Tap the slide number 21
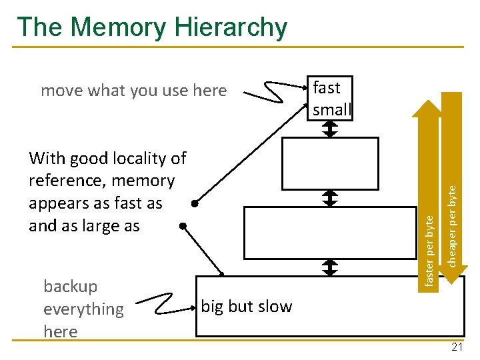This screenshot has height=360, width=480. click(457, 347)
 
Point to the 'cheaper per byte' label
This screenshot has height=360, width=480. click(452, 227)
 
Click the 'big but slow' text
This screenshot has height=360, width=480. click(247, 307)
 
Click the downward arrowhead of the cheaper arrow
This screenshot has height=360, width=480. click(452, 277)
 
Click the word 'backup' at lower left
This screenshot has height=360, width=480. click(70, 287)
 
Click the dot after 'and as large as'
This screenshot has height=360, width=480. click(183, 226)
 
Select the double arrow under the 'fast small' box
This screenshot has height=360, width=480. click(331, 129)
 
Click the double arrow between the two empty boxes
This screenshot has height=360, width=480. click(331, 197)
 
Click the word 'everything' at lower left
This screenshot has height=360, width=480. click(83, 309)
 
